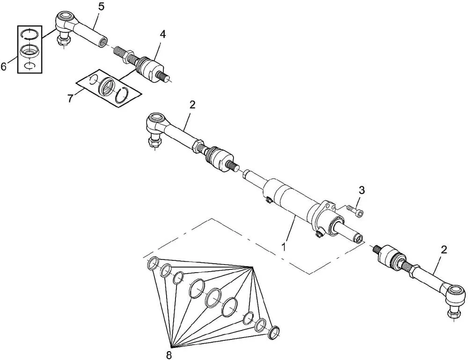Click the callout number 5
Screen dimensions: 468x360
point(102,6)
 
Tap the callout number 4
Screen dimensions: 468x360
point(162,34)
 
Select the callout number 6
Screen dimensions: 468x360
point(4,66)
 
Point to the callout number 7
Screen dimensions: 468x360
point(70,98)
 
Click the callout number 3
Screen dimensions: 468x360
point(362,190)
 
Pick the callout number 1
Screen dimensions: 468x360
point(284,247)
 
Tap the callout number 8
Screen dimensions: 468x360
point(169,355)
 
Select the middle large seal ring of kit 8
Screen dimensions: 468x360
point(214,297)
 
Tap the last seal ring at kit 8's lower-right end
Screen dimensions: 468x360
point(274,332)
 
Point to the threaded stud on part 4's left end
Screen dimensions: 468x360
point(122,54)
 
